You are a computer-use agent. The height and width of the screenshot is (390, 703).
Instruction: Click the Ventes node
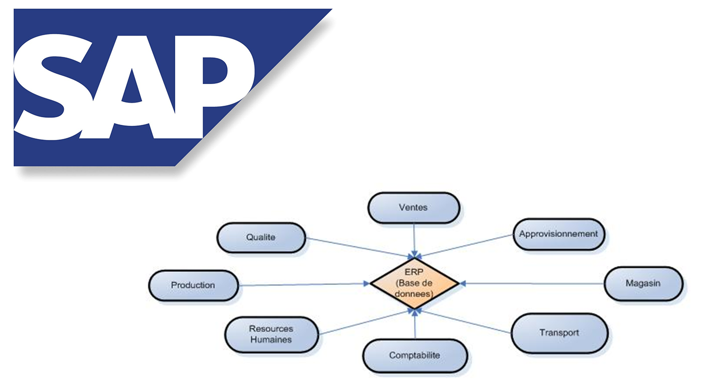click(413, 207)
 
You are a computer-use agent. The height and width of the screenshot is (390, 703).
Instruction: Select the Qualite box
click(261, 237)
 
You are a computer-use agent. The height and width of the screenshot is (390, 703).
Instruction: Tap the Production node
click(193, 285)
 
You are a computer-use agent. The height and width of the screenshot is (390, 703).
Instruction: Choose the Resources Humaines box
click(271, 334)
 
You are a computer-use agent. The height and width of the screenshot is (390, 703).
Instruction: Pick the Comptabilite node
click(414, 355)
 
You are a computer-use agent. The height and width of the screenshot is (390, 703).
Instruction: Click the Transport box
click(559, 333)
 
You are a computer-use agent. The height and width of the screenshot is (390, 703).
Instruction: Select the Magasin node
click(643, 283)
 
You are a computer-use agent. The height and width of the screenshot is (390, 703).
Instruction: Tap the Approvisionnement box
click(558, 234)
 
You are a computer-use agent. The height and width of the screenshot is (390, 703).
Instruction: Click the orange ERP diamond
click(414, 284)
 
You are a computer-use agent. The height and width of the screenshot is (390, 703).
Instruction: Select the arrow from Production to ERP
click(302, 285)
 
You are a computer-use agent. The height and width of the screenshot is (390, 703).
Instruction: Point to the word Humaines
click(271, 340)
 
